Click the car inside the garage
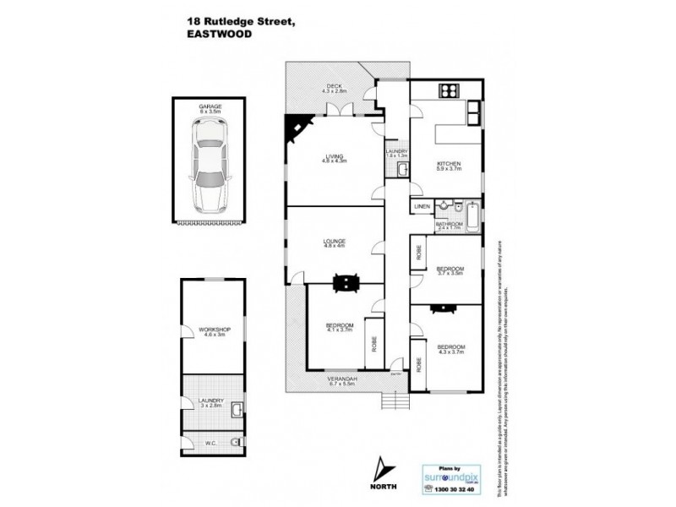pos(208,167)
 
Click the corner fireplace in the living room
pos(296,129)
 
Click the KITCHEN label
pos(448,165)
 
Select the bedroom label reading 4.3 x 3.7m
pos(451,349)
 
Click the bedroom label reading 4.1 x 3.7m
pos(339,327)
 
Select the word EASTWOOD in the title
pos(215,35)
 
